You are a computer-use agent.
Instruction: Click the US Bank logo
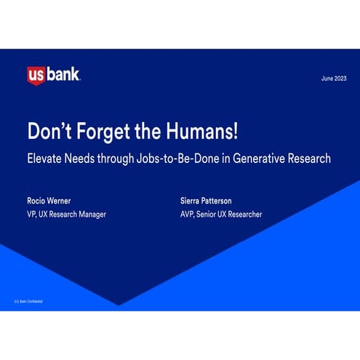point(53,75)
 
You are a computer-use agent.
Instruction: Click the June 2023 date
point(334,78)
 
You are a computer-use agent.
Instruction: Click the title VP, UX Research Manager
point(66,214)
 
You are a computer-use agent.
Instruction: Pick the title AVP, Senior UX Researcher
point(221,214)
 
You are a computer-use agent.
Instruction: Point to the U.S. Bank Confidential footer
point(30,300)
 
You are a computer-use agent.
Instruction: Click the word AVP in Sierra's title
point(188,214)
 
